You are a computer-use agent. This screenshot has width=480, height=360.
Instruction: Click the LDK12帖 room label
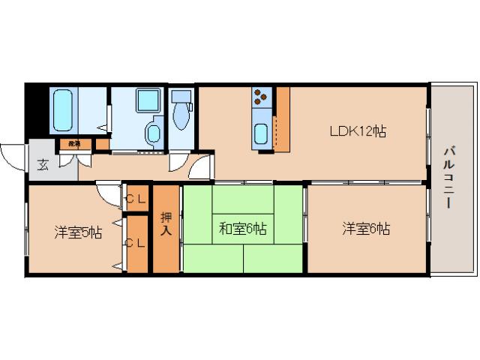(x=358, y=131)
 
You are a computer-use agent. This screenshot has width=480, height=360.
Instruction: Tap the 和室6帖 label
(x=243, y=229)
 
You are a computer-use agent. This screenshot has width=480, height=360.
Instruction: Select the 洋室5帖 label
(x=77, y=232)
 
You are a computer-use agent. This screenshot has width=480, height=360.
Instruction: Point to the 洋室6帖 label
(x=366, y=229)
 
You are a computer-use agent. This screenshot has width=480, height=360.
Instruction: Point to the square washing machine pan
(x=145, y=100)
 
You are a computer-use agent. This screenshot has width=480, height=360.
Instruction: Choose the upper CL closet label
(x=135, y=199)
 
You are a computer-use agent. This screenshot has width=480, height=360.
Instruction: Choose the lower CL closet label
(x=135, y=242)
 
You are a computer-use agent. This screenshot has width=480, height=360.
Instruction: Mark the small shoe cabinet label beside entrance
(x=74, y=142)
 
